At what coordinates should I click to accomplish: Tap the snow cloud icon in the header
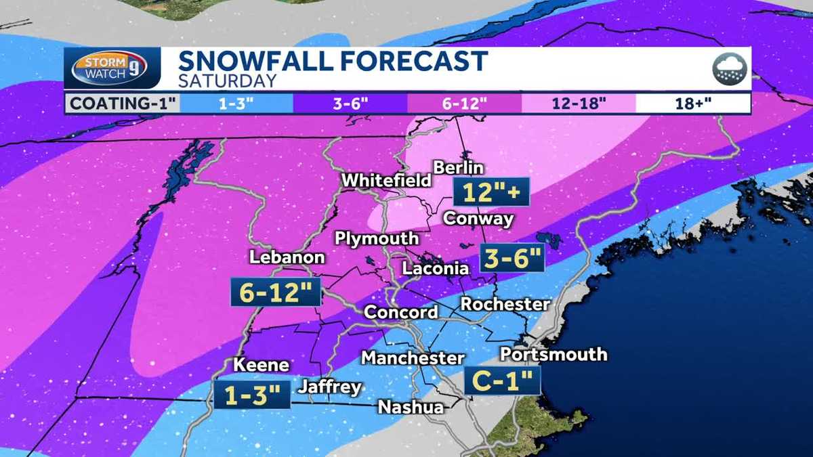(x=729, y=68)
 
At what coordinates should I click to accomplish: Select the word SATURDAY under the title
(x=227, y=81)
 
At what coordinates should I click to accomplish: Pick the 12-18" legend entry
(x=579, y=104)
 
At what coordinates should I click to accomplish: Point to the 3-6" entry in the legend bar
(x=350, y=104)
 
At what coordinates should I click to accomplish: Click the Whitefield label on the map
(x=386, y=181)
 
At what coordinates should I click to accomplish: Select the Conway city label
(x=478, y=219)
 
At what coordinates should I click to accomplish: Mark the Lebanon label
(x=287, y=258)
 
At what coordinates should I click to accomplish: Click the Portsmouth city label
(x=553, y=354)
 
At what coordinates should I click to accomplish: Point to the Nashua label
(x=411, y=407)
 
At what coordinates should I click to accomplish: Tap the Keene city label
(x=261, y=365)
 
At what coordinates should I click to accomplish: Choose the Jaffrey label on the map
(x=330, y=387)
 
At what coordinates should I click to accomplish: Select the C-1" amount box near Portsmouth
(x=503, y=380)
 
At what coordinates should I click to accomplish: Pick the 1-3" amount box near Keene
(x=251, y=395)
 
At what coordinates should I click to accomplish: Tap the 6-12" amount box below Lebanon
(x=276, y=293)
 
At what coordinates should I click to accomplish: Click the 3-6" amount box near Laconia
(x=512, y=258)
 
